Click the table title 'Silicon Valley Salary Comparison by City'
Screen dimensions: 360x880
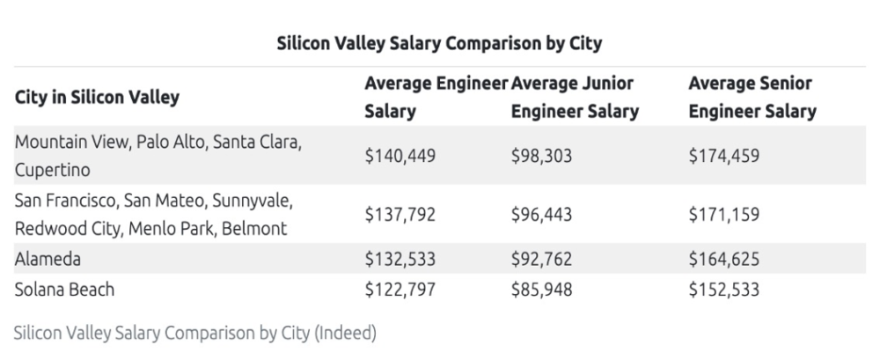pyautogui.click(x=439, y=42)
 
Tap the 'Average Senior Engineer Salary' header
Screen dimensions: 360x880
pyautogui.click(x=752, y=99)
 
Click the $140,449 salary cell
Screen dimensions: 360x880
pyautogui.click(x=400, y=155)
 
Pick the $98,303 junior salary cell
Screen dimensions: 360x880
pyautogui.click(x=540, y=155)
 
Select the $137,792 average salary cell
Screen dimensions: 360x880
pyautogui.click(x=400, y=214)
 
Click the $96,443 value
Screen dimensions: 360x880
pyautogui.click(x=540, y=214)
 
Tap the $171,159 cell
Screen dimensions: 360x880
pyautogui.click(x=724, y=214)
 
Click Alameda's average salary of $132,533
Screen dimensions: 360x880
pyautogui.click(x=400, y=260)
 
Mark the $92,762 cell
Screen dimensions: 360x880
pyautogui.click(x=540, y=260)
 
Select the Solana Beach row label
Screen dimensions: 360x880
pyautogui.click(x=64, y=289)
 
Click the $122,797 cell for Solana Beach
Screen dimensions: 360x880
pyautogui.click(x=400, y=289)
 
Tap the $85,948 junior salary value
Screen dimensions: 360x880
pyautogui.click(x=540, y=289)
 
